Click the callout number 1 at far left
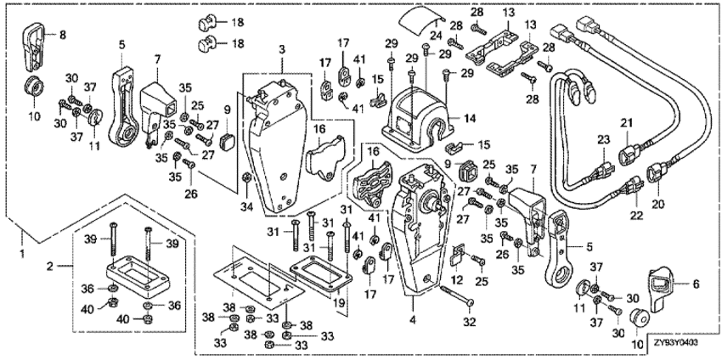pyautogui.click(x=21, y=252)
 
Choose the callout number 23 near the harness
pyautogui.click(x=604, y=139)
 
